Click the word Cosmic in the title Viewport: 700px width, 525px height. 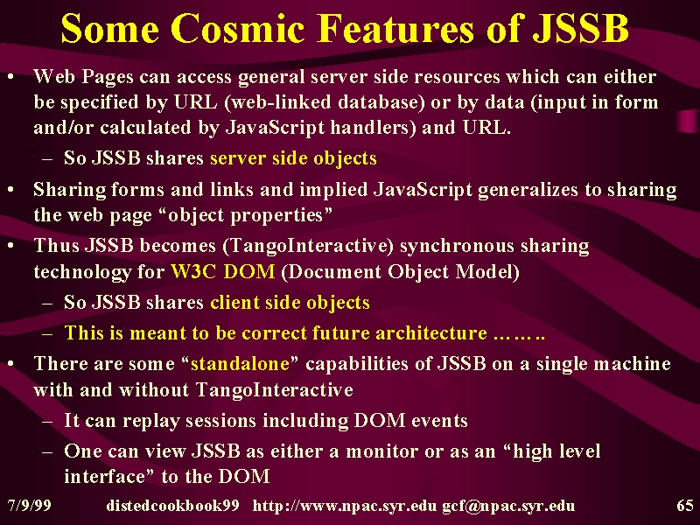pyautogui.click(x=237, y=28)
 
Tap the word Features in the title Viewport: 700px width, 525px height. pyautogui.click(x=395, y=28)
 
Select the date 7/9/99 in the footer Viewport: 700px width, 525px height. pyautogui.click(x=29, y=506)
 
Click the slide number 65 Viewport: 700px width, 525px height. pyautogui.click(x=685, y=506)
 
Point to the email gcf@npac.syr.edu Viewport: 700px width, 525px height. pyautogui.click(x=508, y=507)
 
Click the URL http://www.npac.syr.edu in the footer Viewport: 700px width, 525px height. pyautogui.click(x=345, y=507)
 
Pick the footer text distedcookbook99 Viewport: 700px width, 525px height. pyautogui.click(x=172, y=506)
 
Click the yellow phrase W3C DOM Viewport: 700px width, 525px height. pyautogui.click(x=223, y=272)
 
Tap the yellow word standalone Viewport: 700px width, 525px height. pyautogui.click(x=240, y=364)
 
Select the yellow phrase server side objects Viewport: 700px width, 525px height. pyautogui.click(x=293, y=158)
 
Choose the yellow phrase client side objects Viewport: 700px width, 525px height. pyautogui.click(x=290, y=303)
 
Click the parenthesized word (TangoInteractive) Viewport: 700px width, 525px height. pyautogui.click(x=308, y=246)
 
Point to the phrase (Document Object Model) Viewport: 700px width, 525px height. pyautogui.click(x=400, y=272)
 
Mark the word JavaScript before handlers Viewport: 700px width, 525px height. pyautogui.click(x=275, y=128)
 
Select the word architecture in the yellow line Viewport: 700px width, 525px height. pyautogui.click(x=431, y=333)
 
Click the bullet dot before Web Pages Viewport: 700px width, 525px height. pyautogui.click(x=10, y=78)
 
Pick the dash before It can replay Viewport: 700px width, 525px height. pyautogui.click(x=47, y=422)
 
